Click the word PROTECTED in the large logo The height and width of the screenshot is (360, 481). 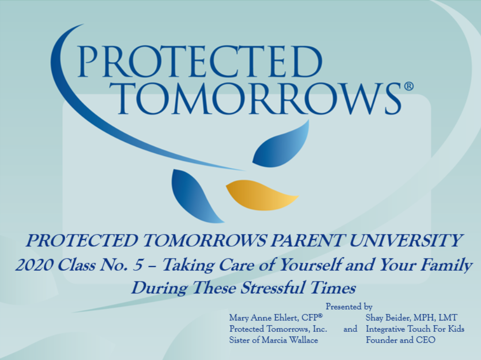[x=200, y=62]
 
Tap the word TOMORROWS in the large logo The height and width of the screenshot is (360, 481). [x=259, y=98]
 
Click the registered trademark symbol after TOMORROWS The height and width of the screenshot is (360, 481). [x=409, y=86]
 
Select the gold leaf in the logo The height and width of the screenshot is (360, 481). [x=261, y=195]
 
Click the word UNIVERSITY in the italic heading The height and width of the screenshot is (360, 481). [x=405, y=241]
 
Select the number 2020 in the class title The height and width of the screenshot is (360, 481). [x=34, y=265]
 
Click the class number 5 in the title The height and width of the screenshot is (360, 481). [x=138, y=265]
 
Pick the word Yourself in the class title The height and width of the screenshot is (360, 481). [x=310, y=265]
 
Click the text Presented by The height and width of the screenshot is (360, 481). [x=349, y=306]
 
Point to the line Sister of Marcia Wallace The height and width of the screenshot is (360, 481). [x=274, y=340]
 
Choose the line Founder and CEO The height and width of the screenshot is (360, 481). [x=400, y=340]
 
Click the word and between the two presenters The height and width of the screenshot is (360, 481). [x=350, y=329]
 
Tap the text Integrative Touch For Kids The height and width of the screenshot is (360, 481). [x=415, y=329]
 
